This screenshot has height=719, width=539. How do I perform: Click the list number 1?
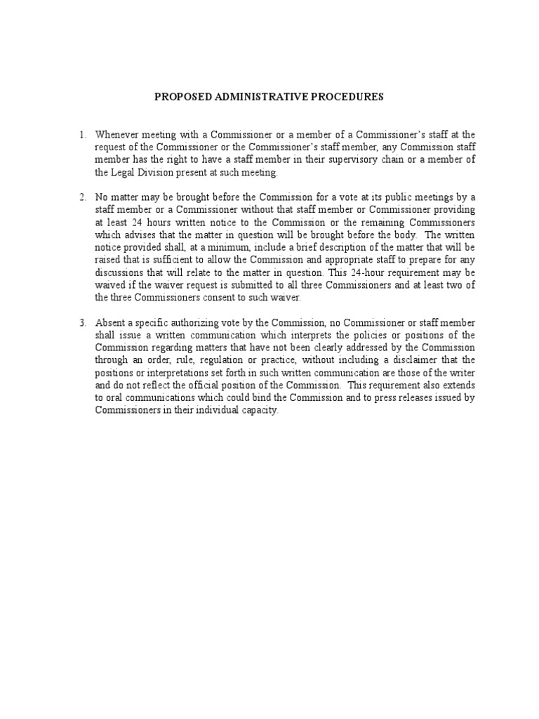[x=82, y=134]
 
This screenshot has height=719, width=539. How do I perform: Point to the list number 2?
[x=82, y=197]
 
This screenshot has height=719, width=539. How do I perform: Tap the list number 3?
[x=82, y=323]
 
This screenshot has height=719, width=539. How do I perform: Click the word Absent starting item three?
[x=111, y=323]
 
